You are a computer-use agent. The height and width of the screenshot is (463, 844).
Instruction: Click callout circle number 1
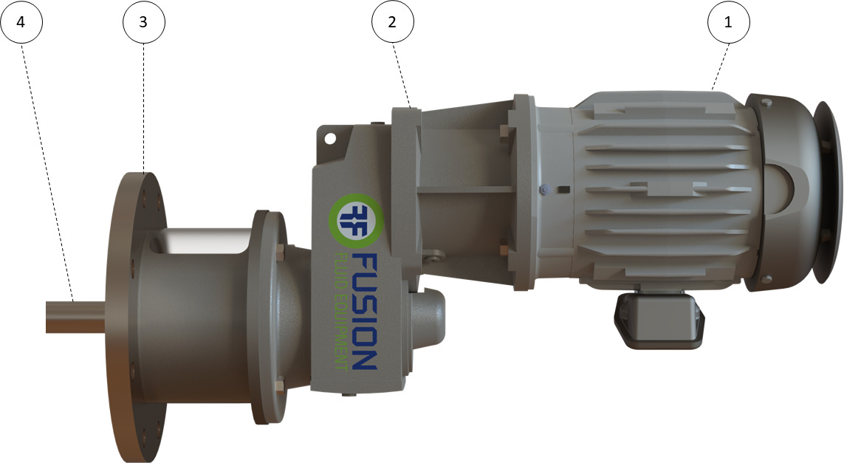pyautogui.click(x=728, y=22)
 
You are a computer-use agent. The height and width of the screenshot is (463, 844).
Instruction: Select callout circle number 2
pyautogui.click(x=392, y=22)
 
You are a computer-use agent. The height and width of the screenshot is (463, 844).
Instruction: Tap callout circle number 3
pyautogui.click(x=144, y=22)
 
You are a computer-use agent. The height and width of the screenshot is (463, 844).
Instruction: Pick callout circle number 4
pyautogui.click(x=21, y=22)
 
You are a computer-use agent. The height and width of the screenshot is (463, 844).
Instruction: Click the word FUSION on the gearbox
pyautogui.click(x=365, y=311)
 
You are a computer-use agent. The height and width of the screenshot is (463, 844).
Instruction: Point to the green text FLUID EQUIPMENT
pyautogui.click(x=340, y=311)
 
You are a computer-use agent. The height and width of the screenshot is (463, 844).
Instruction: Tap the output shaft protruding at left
pyautogui.click(x=75, y=317)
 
